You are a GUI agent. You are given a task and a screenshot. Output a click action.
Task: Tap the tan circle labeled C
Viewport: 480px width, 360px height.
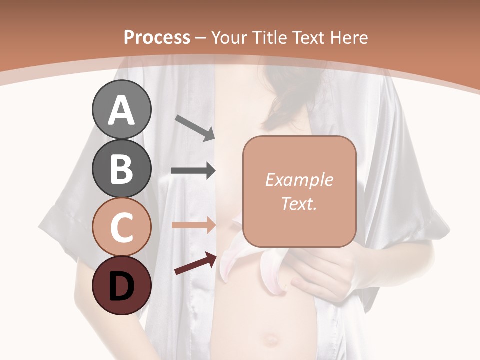click(121, 227)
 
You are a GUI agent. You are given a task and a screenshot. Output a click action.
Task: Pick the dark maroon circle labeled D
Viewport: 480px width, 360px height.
click(121, 286)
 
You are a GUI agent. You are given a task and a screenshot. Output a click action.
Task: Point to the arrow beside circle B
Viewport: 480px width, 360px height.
click(193, 171)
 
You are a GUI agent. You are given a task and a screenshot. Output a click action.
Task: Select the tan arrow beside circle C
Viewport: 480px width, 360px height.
click(193, 225)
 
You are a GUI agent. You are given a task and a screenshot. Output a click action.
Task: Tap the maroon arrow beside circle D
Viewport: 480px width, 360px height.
click(195, 263)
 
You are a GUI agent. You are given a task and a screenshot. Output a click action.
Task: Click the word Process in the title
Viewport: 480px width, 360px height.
click(157, 37)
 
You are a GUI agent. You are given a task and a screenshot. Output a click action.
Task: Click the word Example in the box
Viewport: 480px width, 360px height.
click(299, 180)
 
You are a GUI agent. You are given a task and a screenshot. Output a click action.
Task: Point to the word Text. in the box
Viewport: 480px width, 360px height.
click(299, 203)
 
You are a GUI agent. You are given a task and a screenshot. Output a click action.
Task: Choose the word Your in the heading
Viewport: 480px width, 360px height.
click(228, 37)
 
